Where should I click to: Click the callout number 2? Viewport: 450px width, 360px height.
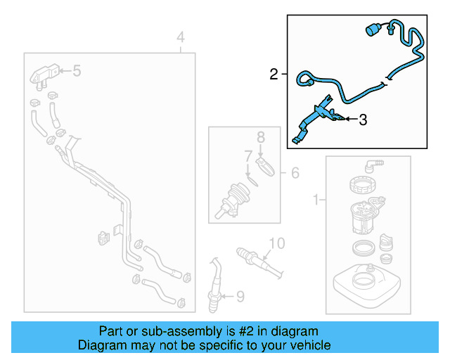pos(274,75)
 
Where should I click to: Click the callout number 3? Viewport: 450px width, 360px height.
pos(363,120)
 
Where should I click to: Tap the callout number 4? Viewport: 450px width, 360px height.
pos(181,37)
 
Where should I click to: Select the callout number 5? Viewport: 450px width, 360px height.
pos(77,70)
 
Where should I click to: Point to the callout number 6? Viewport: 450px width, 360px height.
pos(295,173)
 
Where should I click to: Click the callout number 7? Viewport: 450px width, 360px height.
pos(248,156)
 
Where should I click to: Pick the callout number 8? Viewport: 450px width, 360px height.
pos(261,137)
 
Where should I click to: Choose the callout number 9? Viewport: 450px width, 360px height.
pos(240,297)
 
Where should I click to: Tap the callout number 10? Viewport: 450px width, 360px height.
pos(277,243)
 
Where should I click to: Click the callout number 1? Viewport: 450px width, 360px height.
pos(316,200)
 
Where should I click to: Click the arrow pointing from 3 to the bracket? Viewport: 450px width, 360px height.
pos(352,119)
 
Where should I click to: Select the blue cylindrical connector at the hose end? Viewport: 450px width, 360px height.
pos(373,30)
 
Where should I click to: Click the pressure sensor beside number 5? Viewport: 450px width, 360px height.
pos(44,75)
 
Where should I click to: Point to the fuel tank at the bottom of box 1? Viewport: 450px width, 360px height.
pos(366,282)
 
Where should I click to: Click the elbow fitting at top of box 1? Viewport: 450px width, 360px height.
pos(373,166)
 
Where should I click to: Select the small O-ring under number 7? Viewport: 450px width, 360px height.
pos(252,181)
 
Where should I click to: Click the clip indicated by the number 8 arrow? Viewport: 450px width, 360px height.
pos(265,167)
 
